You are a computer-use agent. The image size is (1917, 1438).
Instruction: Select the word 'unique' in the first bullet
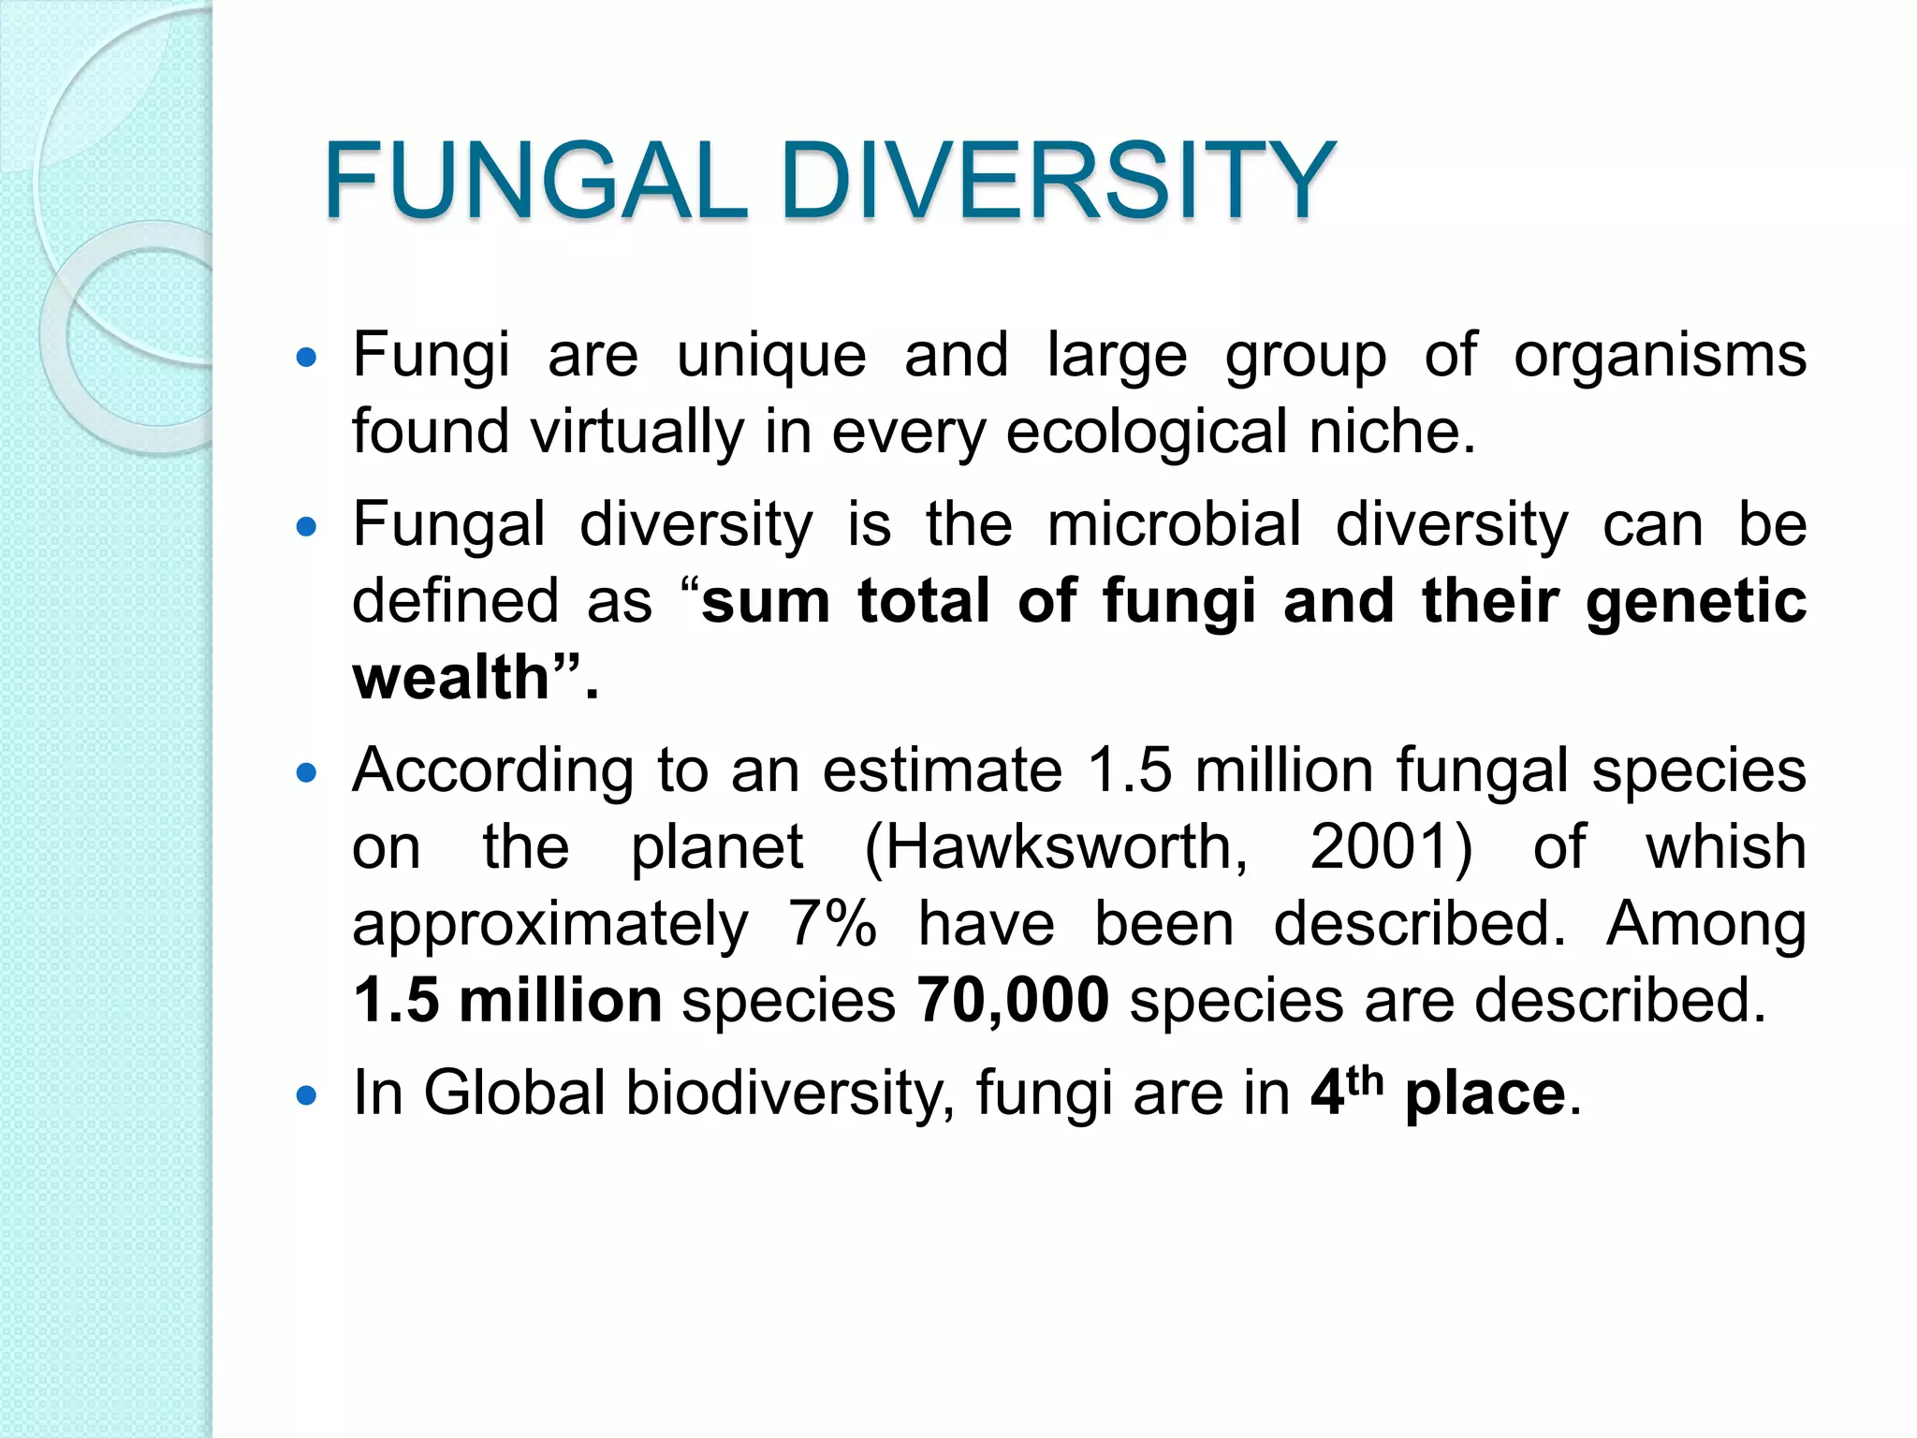pos(771,357)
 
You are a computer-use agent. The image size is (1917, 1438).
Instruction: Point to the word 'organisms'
pos(1660,357)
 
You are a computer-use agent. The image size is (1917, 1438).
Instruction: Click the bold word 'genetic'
pos(1696,601)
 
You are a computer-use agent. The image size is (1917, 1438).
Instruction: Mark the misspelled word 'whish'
pos(1726,848)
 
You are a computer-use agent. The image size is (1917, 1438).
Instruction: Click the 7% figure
pos(832,924)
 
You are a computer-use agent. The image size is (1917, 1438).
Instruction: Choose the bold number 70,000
pos(1013,1001)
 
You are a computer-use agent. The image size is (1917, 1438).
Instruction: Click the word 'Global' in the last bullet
pos(514,1093)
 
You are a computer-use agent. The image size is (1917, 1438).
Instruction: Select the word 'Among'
pos(1705,924)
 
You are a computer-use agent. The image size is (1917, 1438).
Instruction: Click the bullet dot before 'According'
pos(306,773)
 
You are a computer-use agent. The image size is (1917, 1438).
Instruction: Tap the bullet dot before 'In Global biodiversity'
pos(306,1094)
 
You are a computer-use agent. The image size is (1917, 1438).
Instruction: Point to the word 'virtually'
pos(637,433)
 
